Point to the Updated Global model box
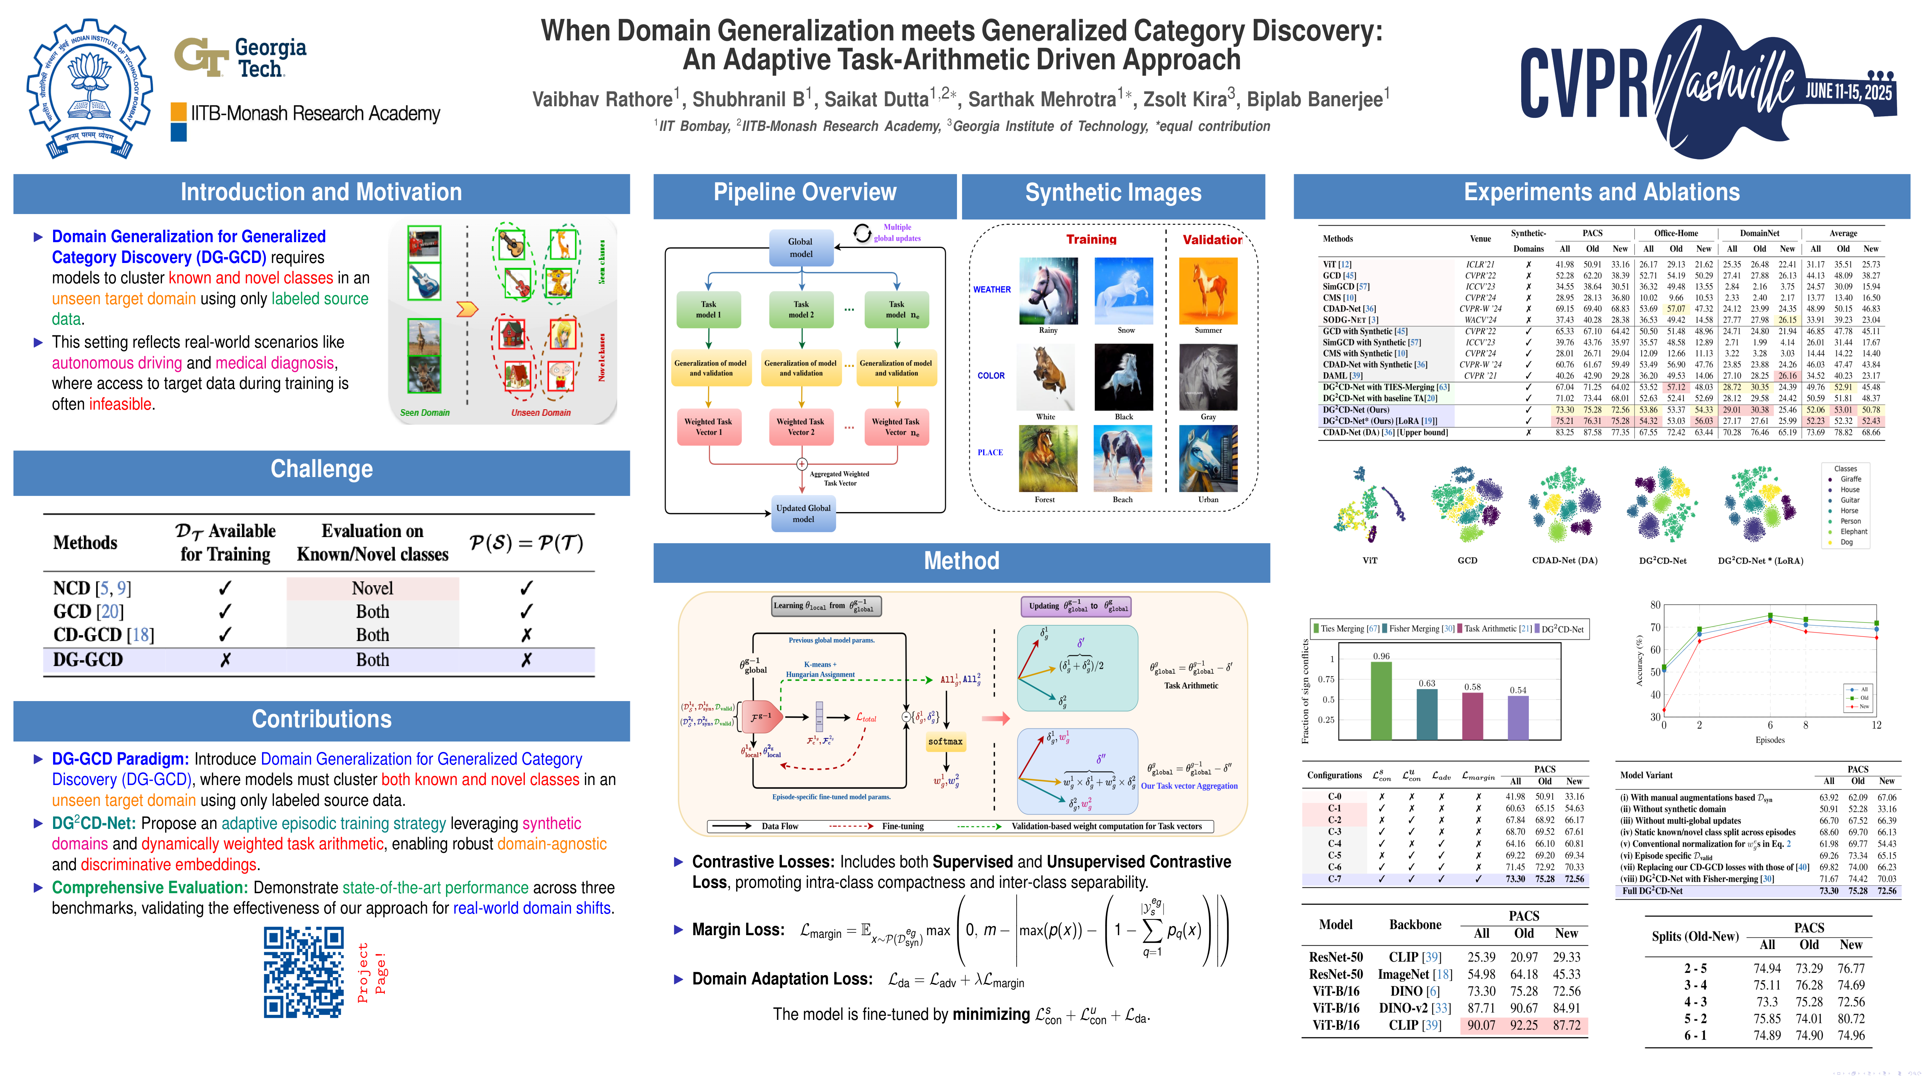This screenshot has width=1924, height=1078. pos(803,514)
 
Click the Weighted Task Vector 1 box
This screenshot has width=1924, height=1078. pos(708,427)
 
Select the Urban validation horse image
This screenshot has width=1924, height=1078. pos(1208,458)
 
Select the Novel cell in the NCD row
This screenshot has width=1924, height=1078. pos(372,589)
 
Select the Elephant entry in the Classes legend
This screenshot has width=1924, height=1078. pos(1853,532)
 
